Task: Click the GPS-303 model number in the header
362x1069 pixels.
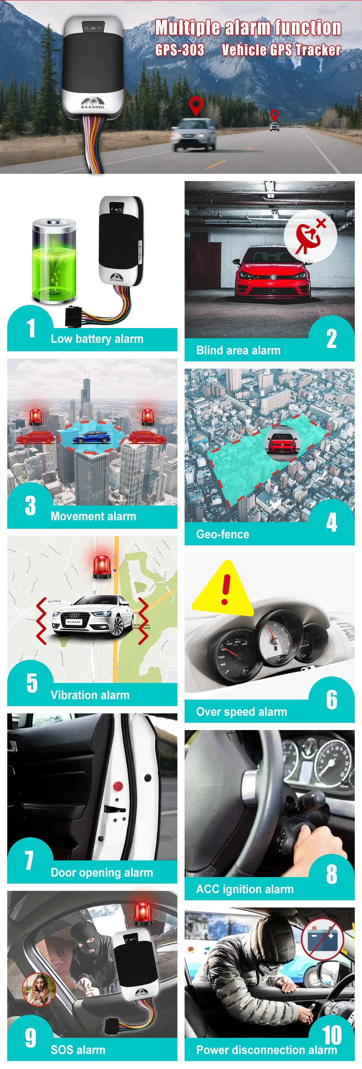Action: (x=180, y=50)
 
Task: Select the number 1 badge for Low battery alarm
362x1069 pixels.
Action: (x=31, y=328)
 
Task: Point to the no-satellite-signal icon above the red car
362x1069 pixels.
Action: (x=310, y=236)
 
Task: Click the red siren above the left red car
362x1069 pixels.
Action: (x=35, y=417)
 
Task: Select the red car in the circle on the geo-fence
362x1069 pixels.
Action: (x=282, y=444)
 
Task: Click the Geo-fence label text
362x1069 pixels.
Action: (x=223, y=534)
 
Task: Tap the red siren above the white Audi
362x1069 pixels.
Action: (x=102, y=567)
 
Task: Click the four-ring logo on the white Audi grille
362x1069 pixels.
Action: (x=75, y=615)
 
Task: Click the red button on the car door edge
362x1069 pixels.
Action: (x=118, y=785)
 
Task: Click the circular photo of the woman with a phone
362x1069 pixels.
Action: (x=39, y=989)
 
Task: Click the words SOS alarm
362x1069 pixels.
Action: (x=78, y=1049)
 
